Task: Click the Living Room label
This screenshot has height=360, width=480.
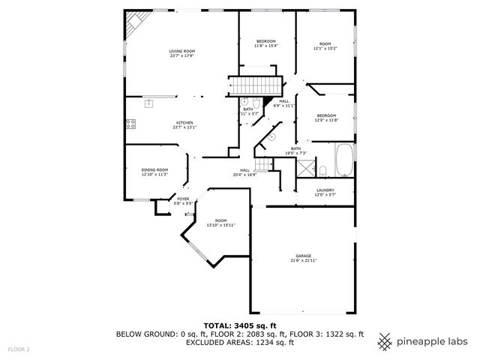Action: point(182,51)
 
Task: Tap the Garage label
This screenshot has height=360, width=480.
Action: point(304,256)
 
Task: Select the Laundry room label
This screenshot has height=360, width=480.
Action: point(325,190)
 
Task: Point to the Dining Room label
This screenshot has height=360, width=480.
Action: point(154,170)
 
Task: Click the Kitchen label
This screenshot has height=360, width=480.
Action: point(184,122)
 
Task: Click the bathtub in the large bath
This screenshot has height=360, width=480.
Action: point(344,160)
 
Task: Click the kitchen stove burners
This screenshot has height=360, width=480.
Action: point(131,124)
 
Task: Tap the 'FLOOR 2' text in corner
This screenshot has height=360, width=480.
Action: point(19,349)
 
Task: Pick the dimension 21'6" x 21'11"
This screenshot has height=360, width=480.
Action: point(304,260)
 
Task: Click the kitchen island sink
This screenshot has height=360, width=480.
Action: point(149,102)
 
